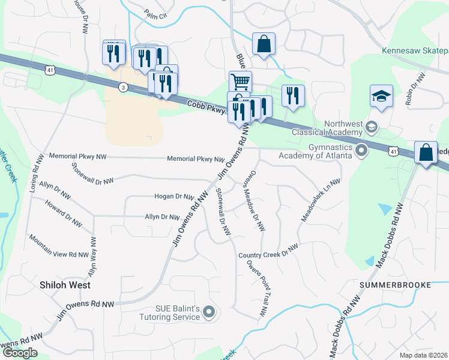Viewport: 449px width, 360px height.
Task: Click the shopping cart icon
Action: tap(240, 81)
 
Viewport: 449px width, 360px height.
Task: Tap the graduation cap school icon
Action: tap(381, 96)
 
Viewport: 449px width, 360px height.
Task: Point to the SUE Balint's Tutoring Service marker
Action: tap(209, 311)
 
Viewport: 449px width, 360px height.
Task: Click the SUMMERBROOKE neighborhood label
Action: tap(396, 284)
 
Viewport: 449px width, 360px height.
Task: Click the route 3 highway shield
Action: tap(123, 87)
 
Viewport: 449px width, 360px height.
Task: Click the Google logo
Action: tap(20, 353)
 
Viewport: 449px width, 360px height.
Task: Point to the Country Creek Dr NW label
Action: tap(268, 251)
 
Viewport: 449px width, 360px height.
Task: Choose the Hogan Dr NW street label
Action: tap(173, 196)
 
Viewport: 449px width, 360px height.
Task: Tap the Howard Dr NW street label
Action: tap(63, 213)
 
